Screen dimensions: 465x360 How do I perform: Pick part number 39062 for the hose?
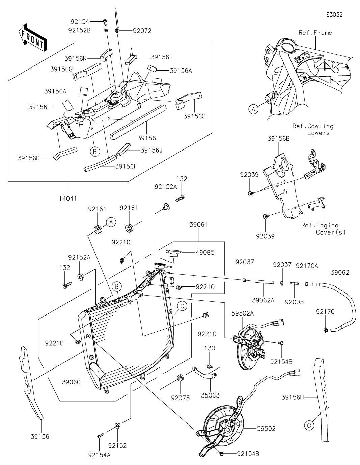(340, 273)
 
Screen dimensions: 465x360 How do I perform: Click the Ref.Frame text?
(315, 33)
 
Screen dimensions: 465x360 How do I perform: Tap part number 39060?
(71, 382)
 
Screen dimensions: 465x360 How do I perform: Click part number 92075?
(181, 398)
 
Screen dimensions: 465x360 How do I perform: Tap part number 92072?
(142, 31)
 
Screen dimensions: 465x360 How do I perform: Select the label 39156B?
(279, 138)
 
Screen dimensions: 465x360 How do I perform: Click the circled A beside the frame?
(253, 109)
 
